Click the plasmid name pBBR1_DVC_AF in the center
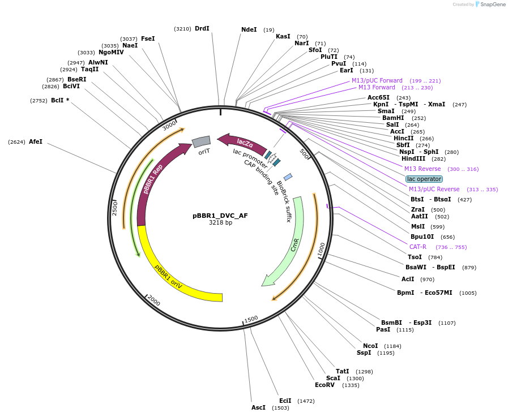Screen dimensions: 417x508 coord(220,216)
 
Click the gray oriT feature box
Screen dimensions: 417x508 coord(201,141)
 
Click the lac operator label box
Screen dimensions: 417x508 coord(424,179)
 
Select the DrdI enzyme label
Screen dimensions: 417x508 coord(202,28)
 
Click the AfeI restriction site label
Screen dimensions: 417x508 coord(36,141)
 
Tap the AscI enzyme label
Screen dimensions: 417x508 coord(258,407)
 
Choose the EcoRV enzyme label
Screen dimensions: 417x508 coord(325,385)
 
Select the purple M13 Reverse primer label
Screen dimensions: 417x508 coord(422,169)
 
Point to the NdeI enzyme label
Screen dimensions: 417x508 coord(249,29)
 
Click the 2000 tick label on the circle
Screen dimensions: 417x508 coord(153,300)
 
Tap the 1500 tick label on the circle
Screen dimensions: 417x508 coord(251,319)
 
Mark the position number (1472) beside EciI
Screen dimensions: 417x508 coord(305,401)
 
